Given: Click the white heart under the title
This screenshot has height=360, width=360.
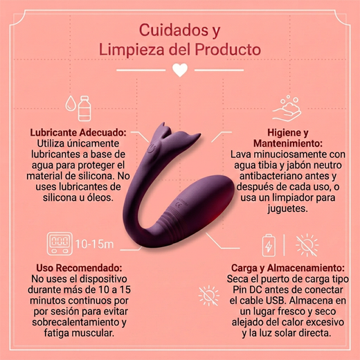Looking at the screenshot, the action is [180, 70].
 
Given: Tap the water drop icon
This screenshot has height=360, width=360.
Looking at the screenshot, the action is [71, 104].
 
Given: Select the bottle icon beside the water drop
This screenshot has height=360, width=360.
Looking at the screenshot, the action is [84, 108].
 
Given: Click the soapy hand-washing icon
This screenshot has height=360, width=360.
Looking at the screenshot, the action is [287, 109].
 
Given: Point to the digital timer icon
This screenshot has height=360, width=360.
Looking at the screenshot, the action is [60, 244].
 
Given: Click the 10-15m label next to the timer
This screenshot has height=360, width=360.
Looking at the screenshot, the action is [95, 244].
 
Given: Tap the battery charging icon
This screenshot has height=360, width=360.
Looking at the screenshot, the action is [269, 245].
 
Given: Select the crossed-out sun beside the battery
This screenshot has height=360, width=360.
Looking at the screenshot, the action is [307, 245].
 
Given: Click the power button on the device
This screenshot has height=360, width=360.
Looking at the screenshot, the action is [152, 148].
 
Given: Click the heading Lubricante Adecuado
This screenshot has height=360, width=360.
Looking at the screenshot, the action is [78, 133].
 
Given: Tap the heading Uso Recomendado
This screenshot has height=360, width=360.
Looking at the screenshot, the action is [79, 268].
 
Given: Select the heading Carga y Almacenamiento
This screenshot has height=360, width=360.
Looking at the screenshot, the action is [288, 268].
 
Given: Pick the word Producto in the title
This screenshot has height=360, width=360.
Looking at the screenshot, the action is [228, 49].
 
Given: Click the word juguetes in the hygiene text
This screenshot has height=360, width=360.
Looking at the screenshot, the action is [288, 209].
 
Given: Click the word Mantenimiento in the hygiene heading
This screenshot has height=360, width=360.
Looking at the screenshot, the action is [288, 143].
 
